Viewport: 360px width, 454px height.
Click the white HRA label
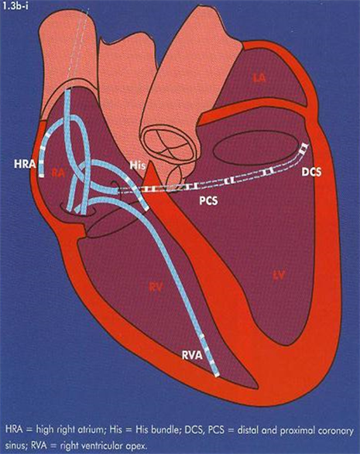(26, 164)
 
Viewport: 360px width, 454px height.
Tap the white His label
(138, 166)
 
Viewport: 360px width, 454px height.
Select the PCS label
(208, 200)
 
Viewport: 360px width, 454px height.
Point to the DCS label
(311, 172)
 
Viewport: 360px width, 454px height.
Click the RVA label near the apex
(192, 355)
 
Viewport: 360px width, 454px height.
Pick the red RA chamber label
(58, 173)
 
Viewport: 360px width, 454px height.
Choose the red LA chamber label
(259, 77)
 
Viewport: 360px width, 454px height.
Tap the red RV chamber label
(156, 287)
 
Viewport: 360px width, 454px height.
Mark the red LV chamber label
(279, 275)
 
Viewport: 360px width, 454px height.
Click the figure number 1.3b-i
(15, 6)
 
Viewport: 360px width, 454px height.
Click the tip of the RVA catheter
(217, 375)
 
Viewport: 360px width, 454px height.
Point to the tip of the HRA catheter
(42, 176)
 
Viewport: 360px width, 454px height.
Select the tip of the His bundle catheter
(146, 209)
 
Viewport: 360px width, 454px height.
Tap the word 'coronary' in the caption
(336, 431)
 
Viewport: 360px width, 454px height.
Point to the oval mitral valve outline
(256, 150)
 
